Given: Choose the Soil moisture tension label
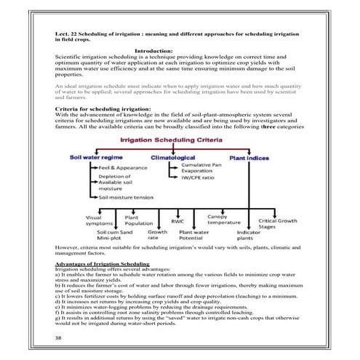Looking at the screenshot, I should [130, 198].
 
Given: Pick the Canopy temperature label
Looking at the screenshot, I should [223, 220].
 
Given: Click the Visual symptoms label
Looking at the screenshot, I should [95, 221].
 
